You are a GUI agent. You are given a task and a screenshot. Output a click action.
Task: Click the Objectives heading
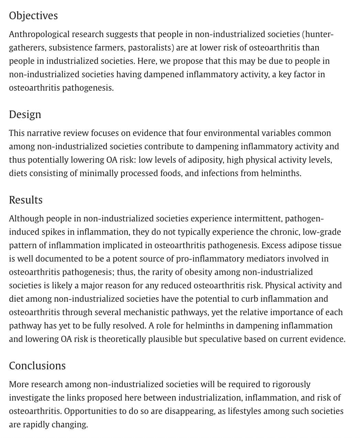coord(33,16)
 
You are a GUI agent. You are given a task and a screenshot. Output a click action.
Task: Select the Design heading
coord(25,115)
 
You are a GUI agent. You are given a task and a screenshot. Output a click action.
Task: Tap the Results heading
coord(26,200)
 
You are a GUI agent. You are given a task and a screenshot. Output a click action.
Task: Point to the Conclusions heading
coord(37,366)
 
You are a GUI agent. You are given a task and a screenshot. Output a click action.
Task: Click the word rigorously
coord(291,384)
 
